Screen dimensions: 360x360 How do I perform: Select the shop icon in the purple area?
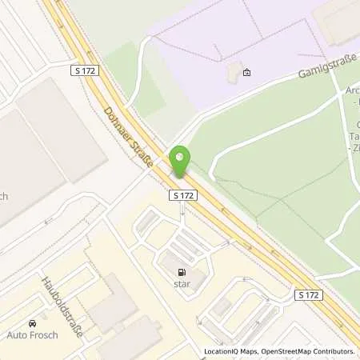(246, 74)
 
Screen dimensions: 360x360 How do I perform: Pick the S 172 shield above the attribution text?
(310, 295)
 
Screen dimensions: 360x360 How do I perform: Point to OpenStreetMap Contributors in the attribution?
(309, 351)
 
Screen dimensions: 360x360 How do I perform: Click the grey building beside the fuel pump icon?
(170, 261)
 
